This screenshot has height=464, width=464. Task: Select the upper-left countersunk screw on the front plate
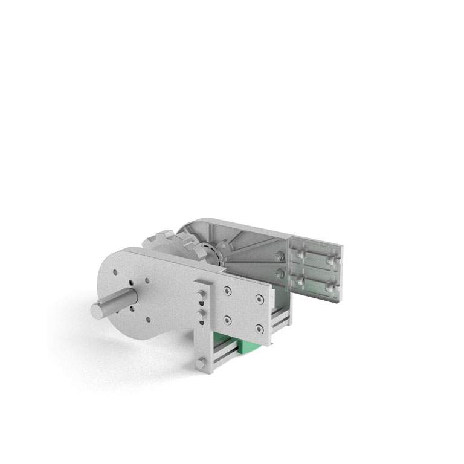227,291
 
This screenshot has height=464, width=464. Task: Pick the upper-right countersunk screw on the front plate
259,298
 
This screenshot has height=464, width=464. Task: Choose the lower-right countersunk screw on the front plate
259,328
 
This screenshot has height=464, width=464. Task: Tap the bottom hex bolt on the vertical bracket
200,362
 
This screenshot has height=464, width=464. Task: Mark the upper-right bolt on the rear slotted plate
329,257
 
